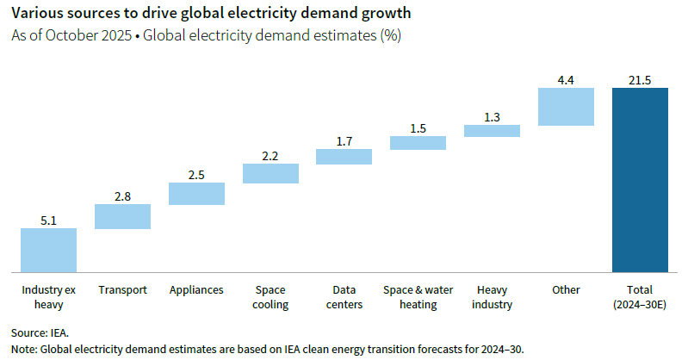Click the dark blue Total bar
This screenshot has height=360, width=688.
click(x=640, y=179)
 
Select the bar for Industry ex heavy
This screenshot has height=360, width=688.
click(x=48, y=250)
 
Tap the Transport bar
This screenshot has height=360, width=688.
click(x=122, y=216)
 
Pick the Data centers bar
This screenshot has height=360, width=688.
click(x=344, y=156)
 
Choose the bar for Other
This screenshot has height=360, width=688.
click(x=566, y=107)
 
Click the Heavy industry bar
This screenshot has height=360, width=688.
click(x=492, y=131)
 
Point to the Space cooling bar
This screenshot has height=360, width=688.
click(x=270, y=173)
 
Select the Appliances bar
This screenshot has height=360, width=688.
click(x=196, y=194)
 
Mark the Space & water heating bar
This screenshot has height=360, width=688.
click(x=418, y=143)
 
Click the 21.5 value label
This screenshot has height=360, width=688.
click(x=640, y=80)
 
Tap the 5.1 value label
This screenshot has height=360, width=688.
click(x=48, y=220)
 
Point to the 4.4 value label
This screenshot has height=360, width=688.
click(x=566, y=80)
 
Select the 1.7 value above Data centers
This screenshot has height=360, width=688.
click(x=344, y=141)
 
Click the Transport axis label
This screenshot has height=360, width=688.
click(x=122, y=289)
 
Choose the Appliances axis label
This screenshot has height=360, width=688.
click(x=196, y=289)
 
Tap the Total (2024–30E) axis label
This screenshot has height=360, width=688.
click(x=640, y=297)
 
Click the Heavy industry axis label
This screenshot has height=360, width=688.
click(x=492, y=297)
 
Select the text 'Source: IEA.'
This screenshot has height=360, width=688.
click(x=40, y=332)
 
